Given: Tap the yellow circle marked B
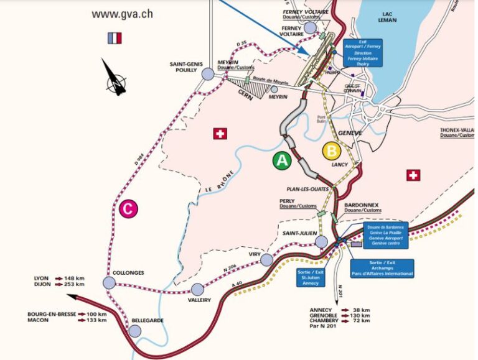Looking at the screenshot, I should [332, 150].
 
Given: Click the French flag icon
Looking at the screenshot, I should [115, 38].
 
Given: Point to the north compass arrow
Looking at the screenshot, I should [116, 77].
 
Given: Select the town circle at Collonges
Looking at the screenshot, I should [110, 284].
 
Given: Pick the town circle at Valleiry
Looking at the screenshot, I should [197, 289].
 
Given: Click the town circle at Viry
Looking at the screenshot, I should [268, 259].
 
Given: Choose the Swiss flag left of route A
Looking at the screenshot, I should [219, 134].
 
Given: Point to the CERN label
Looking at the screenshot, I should [244, 92].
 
